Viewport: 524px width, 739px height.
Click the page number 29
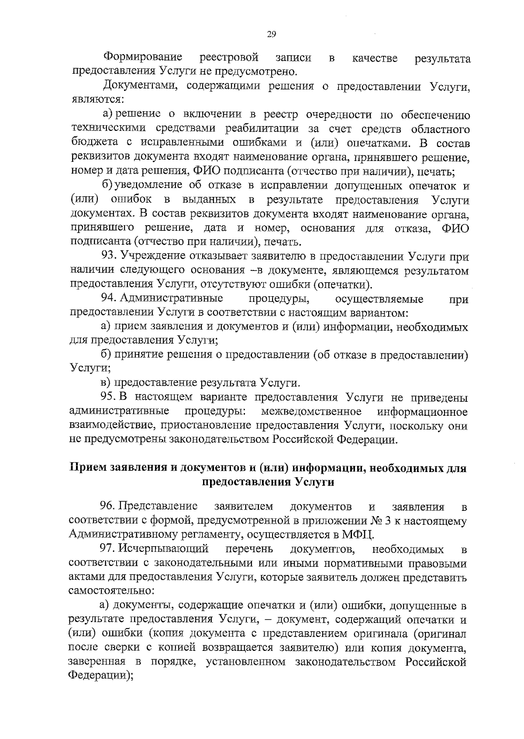coord(271,34)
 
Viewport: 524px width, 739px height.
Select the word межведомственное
coord(311,412)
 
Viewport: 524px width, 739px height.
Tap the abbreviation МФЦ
coord(357,534)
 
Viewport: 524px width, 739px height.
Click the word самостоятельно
coord(111,591)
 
